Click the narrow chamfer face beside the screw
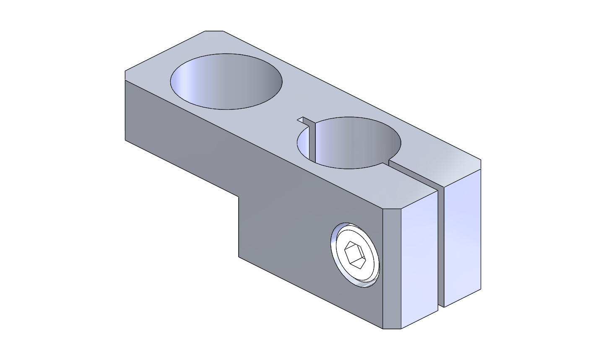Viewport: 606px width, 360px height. click(392, 268)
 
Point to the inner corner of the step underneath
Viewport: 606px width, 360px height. click(239, 197)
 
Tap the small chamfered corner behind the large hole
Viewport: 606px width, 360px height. click(214, 31)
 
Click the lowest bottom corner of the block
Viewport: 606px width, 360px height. click(392, 329)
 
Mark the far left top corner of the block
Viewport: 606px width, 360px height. click(125, 71)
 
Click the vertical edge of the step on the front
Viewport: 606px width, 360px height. click(239, 226)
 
